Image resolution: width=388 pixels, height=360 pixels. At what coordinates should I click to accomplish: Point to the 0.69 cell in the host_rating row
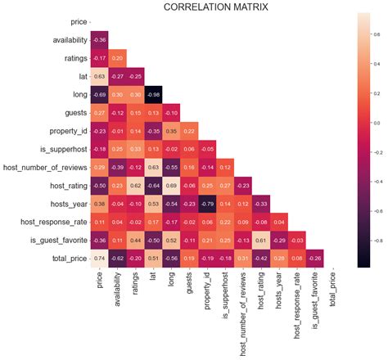[173, 185]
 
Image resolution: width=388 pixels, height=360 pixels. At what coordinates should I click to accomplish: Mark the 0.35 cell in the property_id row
[173, 130]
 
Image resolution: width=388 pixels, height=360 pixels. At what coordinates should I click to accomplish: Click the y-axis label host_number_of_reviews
[45, 167]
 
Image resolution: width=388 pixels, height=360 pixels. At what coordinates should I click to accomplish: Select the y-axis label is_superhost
[61, 149]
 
